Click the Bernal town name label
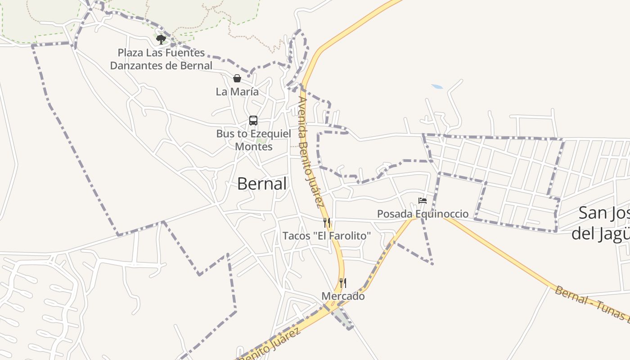(262, 184)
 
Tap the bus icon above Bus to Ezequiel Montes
(253, 121)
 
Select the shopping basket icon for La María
(237, 78)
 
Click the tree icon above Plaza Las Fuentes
(161, 40)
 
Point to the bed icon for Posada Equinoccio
(423, 201)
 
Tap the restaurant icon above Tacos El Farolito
(327, 222)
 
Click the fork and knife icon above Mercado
(343, 283)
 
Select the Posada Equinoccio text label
(423, 214)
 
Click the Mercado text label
(343, 296)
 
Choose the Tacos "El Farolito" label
(327, 235)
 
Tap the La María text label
(237, 91)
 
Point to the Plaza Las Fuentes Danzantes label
(161, 59)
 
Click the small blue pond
(436, 86)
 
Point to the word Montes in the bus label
(253, 147)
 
